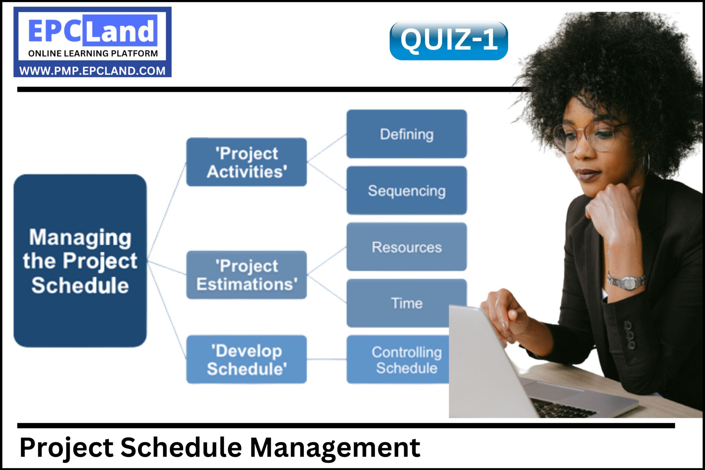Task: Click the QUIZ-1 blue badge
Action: tap(448, 41)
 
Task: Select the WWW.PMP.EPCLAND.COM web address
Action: tap(92, 71)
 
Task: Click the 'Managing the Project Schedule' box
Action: tap(80, 261)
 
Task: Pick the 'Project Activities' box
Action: tap(246, 162)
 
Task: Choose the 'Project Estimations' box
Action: tap(246, 275)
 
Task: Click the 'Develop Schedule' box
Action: tap(246, 360)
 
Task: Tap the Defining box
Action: tap(407, 134)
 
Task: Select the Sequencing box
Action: tap(407, 190)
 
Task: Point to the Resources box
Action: tap(407, 247)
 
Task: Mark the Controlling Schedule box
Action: tap(399, 360)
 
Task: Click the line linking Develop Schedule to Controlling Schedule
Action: tap(326, 359)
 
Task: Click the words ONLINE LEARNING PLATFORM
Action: tap(93, 54)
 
